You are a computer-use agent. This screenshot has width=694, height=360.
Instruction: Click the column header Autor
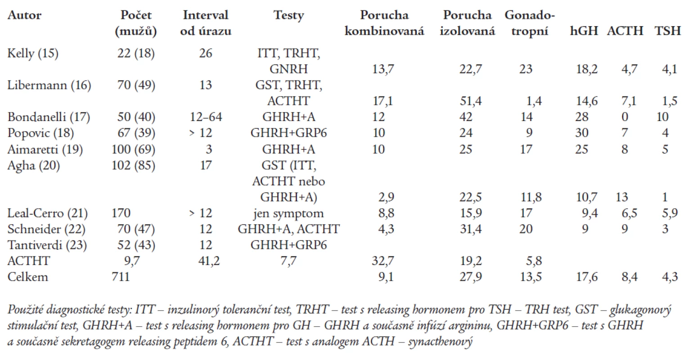coord(24,15)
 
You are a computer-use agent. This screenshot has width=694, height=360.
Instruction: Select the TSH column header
coord(667,31)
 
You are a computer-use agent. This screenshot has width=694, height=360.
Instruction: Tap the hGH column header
coord(584,31)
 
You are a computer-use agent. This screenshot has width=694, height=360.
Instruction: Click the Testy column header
coord(289,15)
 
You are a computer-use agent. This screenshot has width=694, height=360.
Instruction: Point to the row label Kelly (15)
coord(33,53)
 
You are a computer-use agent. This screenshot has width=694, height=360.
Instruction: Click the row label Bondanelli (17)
coord(49,117)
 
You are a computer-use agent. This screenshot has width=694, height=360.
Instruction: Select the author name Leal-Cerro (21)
coord(48,213)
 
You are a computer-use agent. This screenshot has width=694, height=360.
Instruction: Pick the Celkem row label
coord(28,277)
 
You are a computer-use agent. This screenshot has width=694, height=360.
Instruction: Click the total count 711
coord(121,277)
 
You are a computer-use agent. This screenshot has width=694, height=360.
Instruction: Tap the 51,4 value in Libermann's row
coord(471,101)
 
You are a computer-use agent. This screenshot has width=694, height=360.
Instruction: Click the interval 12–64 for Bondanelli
coord(206,117)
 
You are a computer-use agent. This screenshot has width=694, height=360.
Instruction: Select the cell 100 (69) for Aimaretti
coord(134,149)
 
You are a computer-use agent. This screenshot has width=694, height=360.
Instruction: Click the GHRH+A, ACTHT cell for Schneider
coord(289,229)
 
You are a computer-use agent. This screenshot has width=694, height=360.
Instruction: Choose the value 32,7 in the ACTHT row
coord(383,261)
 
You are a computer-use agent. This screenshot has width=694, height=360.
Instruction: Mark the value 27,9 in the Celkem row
coord(471,277)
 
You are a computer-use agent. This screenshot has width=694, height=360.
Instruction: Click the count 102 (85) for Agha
coord(134,165)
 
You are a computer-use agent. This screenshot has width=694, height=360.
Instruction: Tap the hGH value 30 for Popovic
coord(582,133)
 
